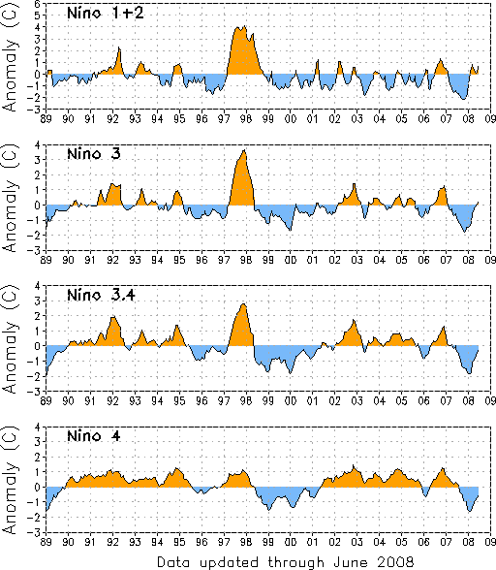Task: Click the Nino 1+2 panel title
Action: click(x=106, y=14)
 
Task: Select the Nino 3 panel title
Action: click(x=94, y=154)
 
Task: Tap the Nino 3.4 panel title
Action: click(x=101, y=295)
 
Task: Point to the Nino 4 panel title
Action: click(x=94, y=435)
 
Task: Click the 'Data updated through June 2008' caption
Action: click(x=285, y=562)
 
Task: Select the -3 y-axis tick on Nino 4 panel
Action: click(x=37, y=532)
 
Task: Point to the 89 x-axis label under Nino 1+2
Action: click(x=46, y=119)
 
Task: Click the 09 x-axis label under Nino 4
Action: click(x=490, y=542)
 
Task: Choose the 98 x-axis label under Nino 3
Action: click(x=246, y=260)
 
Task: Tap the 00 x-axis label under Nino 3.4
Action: click(x=291, y=401)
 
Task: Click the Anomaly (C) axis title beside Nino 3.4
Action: click(x=11, y=339)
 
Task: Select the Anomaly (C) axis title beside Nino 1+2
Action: click(x=11, y=56)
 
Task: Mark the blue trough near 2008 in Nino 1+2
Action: click(x=458, y=86)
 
